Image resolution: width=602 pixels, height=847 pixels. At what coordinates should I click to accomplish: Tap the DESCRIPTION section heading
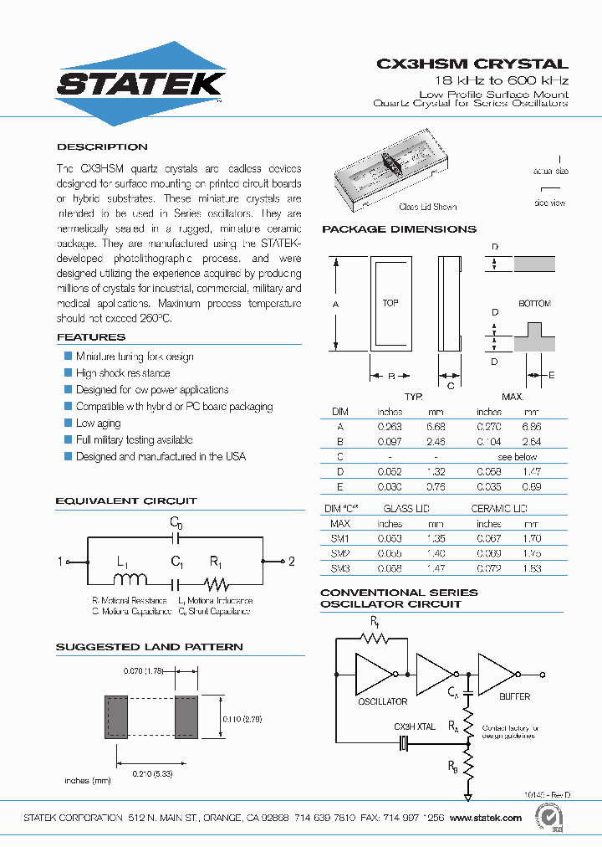[102, 146]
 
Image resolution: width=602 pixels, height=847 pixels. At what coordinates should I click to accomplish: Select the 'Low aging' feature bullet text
[98, 423]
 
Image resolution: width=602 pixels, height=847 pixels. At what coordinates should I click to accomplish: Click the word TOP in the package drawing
[390, 303]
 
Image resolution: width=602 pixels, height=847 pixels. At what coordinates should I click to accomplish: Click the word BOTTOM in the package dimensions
[534, 304]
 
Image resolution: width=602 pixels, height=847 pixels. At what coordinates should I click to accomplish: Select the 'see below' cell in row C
[517, 457]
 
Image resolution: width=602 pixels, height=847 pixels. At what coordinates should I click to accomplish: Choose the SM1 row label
[340, 539]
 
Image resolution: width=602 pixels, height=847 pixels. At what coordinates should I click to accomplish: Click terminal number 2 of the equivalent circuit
[291, 562]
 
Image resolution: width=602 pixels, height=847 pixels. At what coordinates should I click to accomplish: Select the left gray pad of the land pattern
[116, 716]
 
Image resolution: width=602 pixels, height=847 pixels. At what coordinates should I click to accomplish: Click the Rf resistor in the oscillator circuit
[373, 638]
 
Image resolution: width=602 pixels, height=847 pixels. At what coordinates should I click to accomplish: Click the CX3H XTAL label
[415, 726]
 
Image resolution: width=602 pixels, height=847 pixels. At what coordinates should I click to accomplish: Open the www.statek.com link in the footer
[487, 818]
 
